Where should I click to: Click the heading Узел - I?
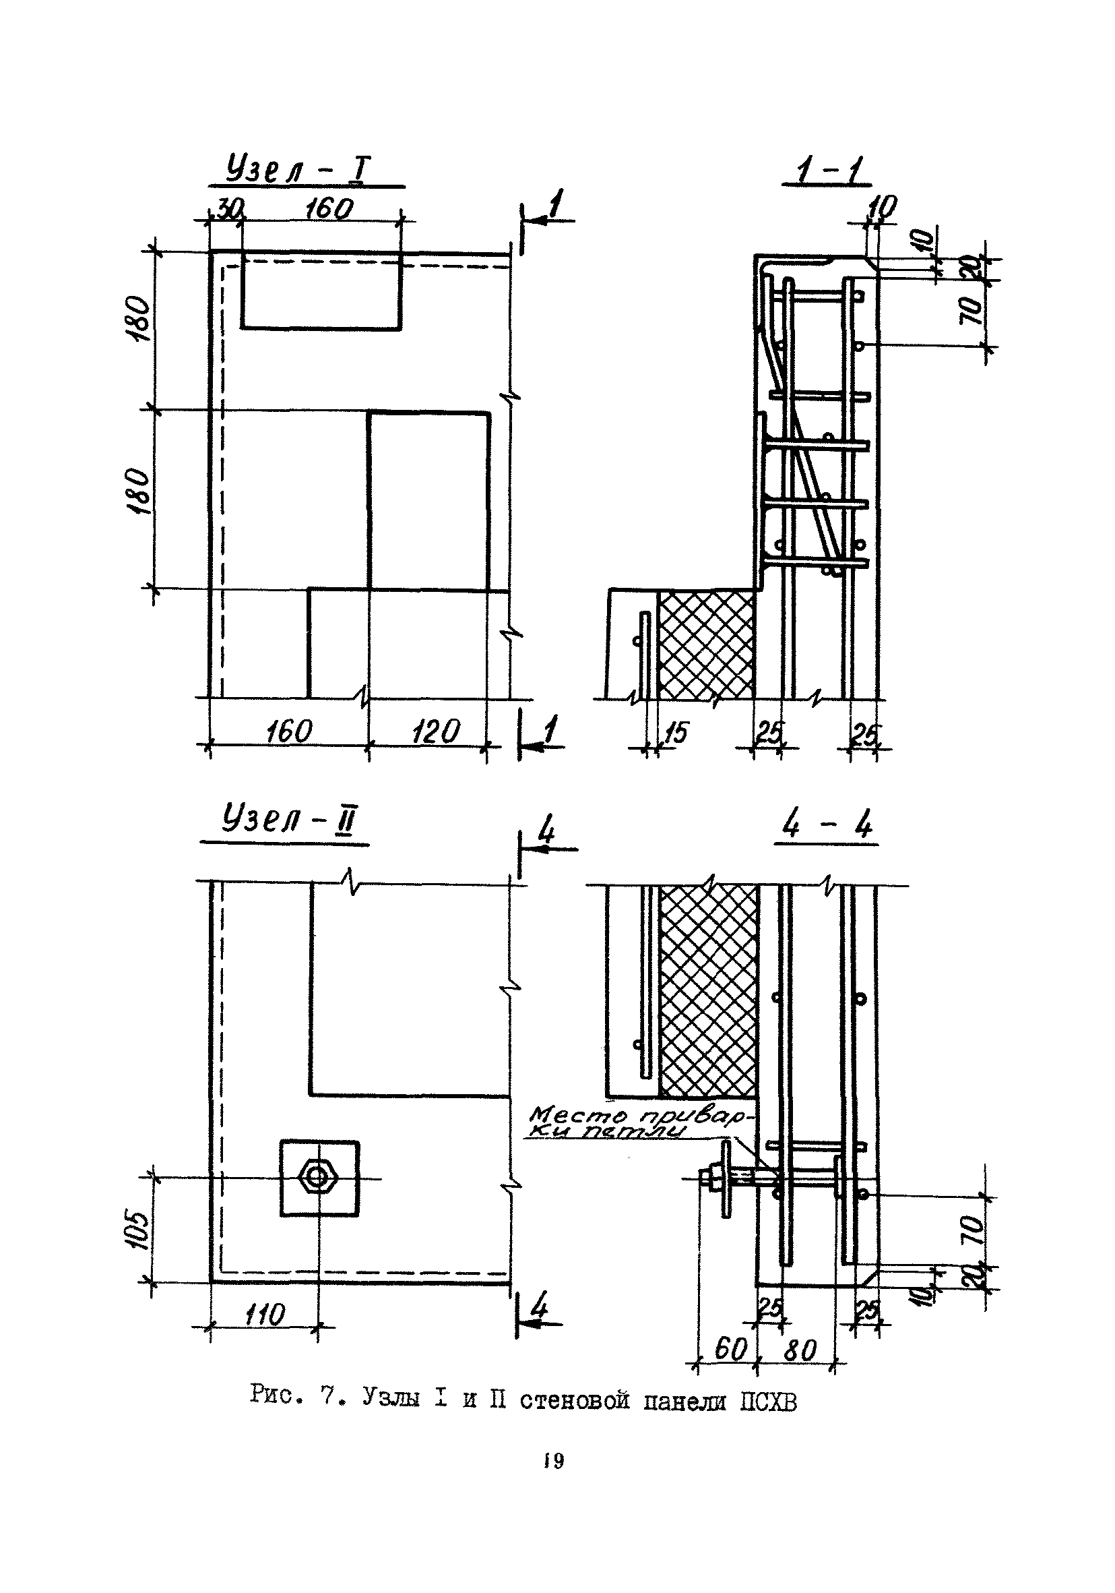(x=298, y=171)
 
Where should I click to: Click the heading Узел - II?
(x=288, y=822)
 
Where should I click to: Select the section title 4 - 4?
(x=826, y=825)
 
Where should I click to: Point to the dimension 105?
(x=138, y=1230)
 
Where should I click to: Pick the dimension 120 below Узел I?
(x=435, y=732)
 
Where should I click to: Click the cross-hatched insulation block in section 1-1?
(x=705, y=643)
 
